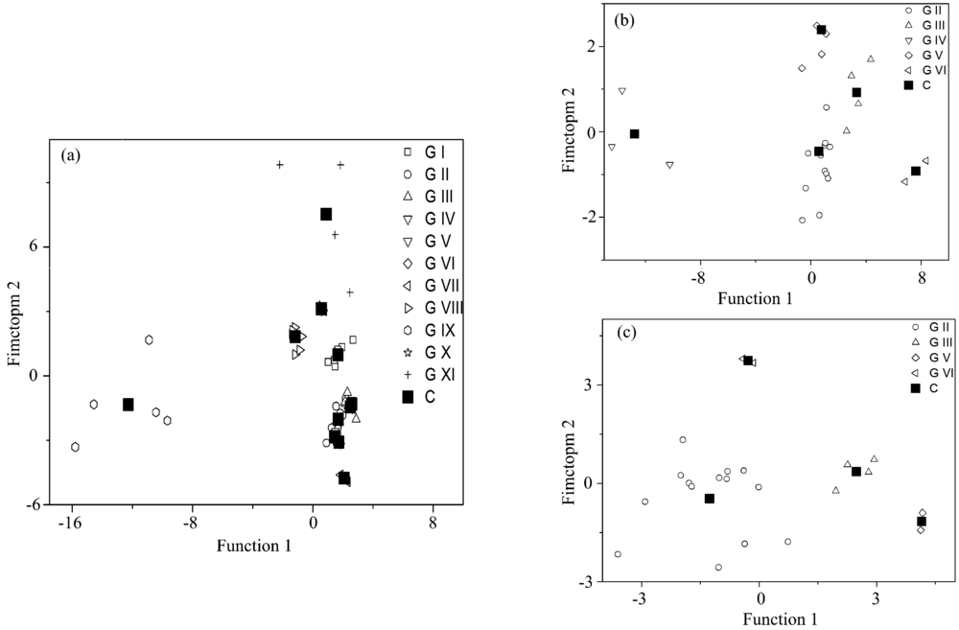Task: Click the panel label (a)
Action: (76, 153)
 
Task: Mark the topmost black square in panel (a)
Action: (326, 214)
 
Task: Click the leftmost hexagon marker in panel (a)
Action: (75, 447)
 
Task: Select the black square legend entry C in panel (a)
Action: (422, 397)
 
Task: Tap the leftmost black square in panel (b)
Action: (634, 134)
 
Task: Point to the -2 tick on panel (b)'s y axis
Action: (588, 218)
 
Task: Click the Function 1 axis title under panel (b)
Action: (756, 298)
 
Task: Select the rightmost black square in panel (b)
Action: (916, 171)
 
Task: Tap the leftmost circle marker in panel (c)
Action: (618, 554)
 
